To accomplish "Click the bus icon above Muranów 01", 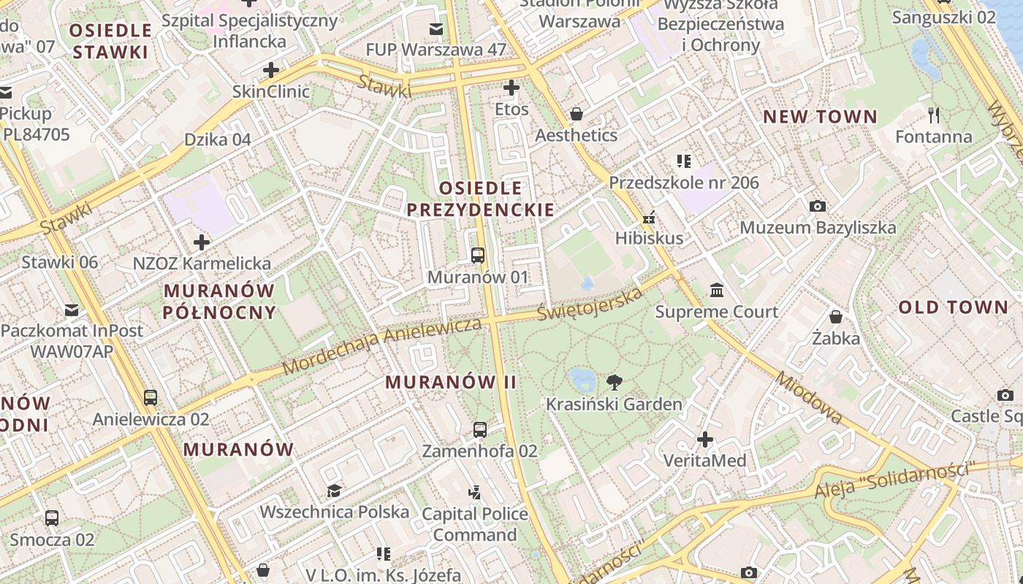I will point(478,255).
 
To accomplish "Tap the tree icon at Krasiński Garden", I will point(615,382).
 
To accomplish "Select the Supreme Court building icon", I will point(717,291).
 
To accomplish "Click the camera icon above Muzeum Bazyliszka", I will point(818,207).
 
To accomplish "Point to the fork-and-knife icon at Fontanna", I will point(933,115).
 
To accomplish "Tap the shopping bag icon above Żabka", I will point(836,317).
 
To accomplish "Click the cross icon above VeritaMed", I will point(704,439).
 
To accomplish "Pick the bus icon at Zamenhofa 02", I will point(480,430).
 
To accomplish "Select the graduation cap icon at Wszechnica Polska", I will point(334,491).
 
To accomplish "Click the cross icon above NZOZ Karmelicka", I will point(202,242).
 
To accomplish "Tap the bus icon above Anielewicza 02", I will point(151,398).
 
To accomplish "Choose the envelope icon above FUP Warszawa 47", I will point(436,29).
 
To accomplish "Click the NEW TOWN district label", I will point(820,117).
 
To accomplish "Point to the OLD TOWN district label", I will point(953,307).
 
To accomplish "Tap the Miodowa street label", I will point(809,398).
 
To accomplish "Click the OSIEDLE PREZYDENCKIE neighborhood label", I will point(480,199).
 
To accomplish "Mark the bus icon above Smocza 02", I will point(52,518).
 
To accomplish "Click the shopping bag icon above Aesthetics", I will point(577,114).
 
